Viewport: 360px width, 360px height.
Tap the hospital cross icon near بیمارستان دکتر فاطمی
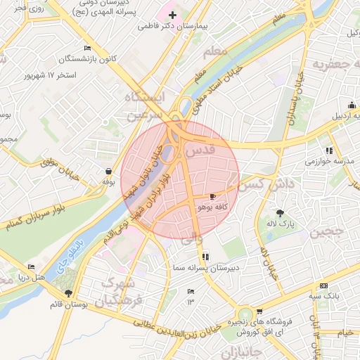tap(172, 14)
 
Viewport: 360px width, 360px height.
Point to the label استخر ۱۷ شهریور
tap(49, 74)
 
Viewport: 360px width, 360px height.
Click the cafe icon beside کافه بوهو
tap(214, 196)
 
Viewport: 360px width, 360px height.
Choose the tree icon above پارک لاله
tap(281, 212)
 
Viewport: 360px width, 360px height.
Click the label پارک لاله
tap(281, 224)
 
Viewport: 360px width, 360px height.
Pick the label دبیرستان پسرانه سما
tap(205, 268)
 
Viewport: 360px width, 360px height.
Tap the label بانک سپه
tap(327, 296)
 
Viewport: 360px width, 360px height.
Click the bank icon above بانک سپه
tap(323, 285)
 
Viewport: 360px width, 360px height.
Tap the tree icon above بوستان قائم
tap(68, 293)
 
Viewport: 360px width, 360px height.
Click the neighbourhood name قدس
tap(202, 150)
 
